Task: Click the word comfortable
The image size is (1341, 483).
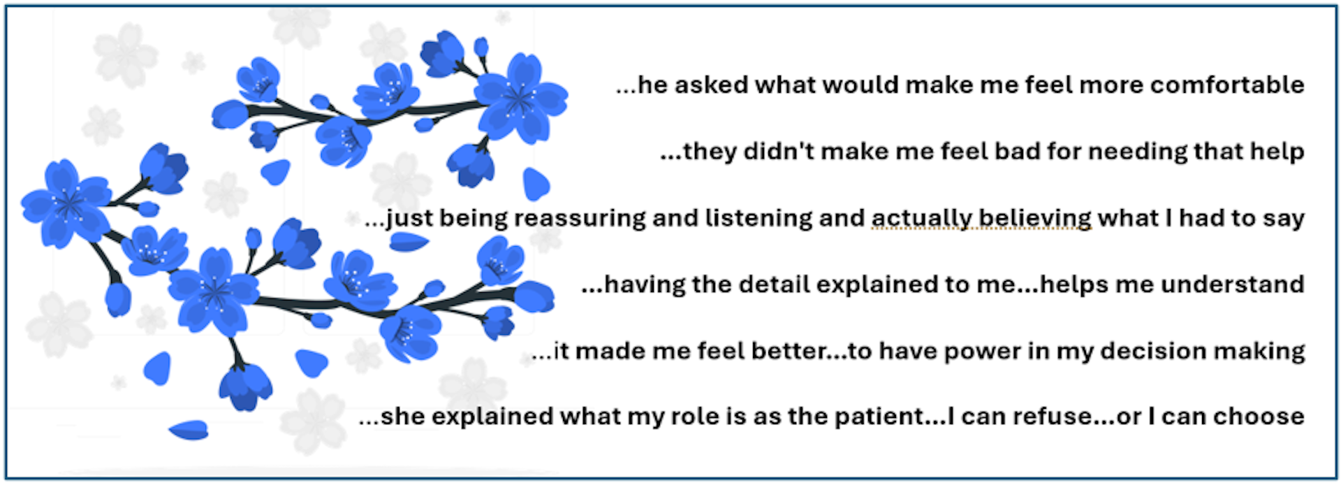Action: tap(1227, 85)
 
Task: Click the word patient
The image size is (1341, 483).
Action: tap(880, 417)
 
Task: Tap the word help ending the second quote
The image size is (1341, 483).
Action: tap(1277, 152)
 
